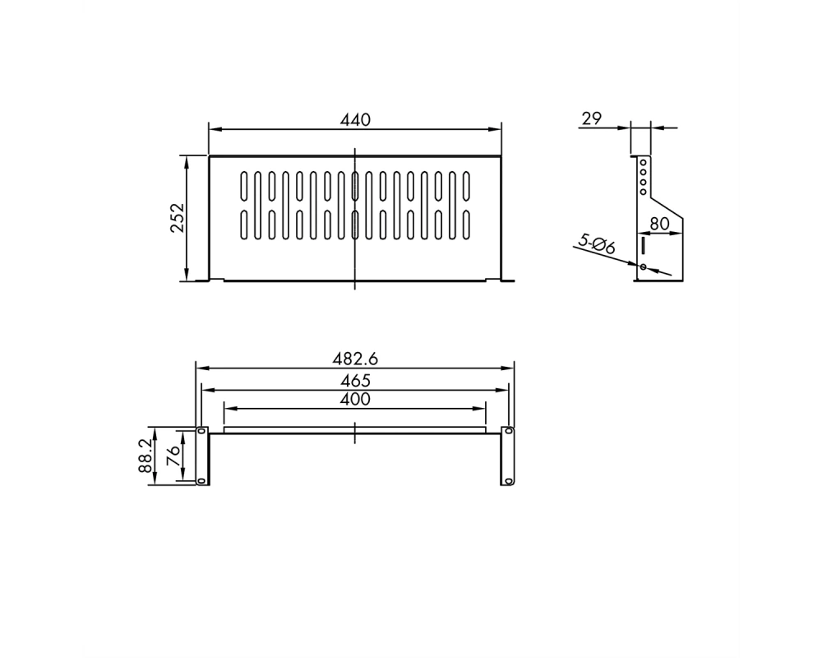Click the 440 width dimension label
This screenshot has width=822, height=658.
click(355, 119)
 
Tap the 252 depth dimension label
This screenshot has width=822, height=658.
click(178, 217)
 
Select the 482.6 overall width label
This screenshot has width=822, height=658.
click(355, 359)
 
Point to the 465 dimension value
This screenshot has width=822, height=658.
click(355, 380)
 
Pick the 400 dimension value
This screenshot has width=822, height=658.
click(355, 399)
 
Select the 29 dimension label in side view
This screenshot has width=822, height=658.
click(591, 118)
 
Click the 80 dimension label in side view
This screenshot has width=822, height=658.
click(659, 224)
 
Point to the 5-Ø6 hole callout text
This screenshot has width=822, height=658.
click(597, 244)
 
